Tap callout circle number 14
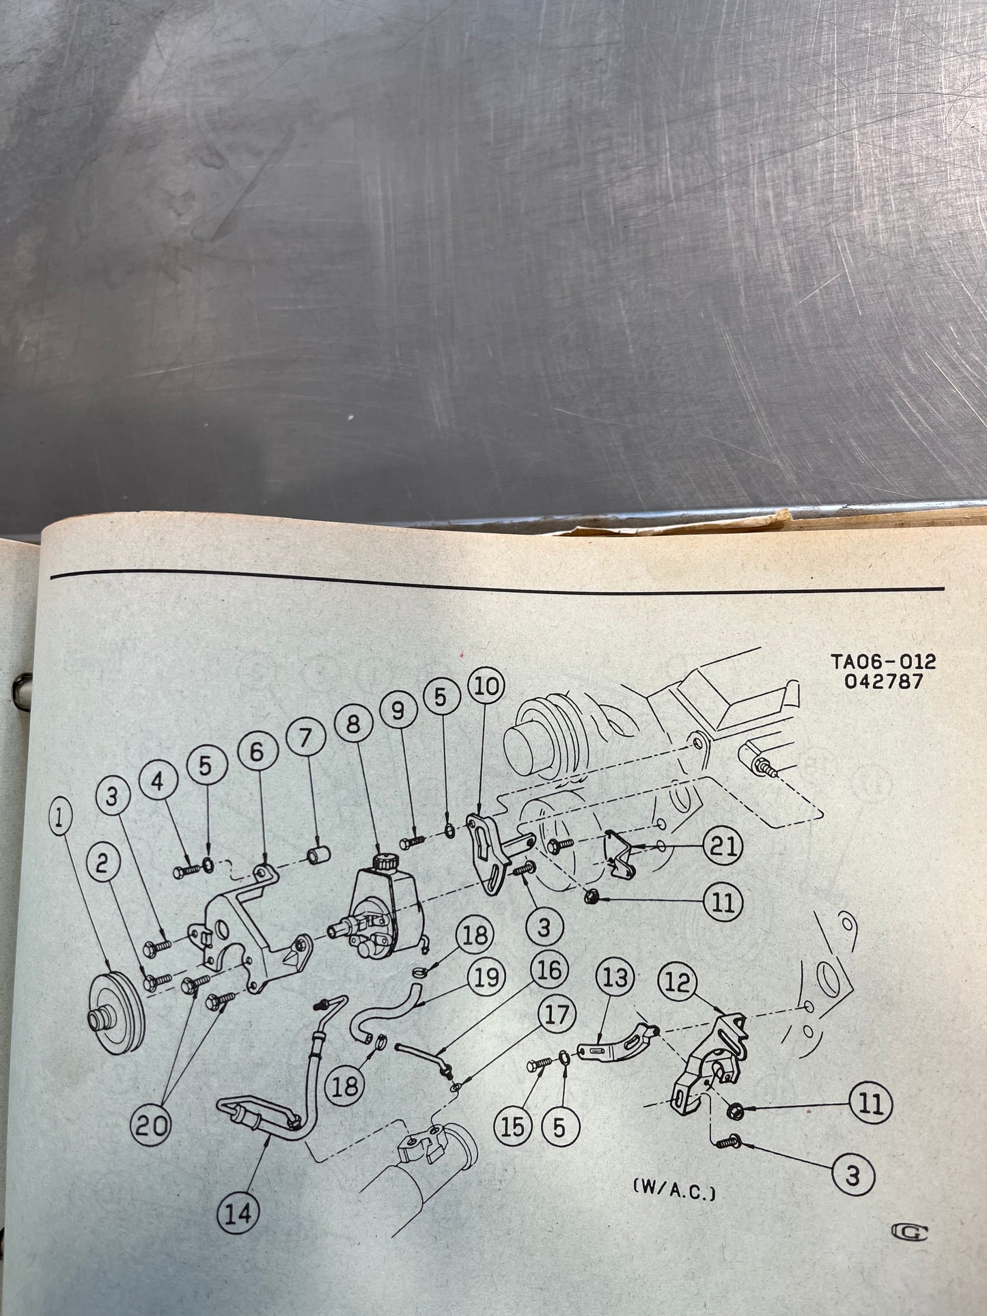(238, 1213)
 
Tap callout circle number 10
(486, 686)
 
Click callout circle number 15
(513, 1127)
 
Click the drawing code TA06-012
(883, 662)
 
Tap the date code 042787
(883, 682)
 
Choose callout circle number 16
(548, 970)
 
